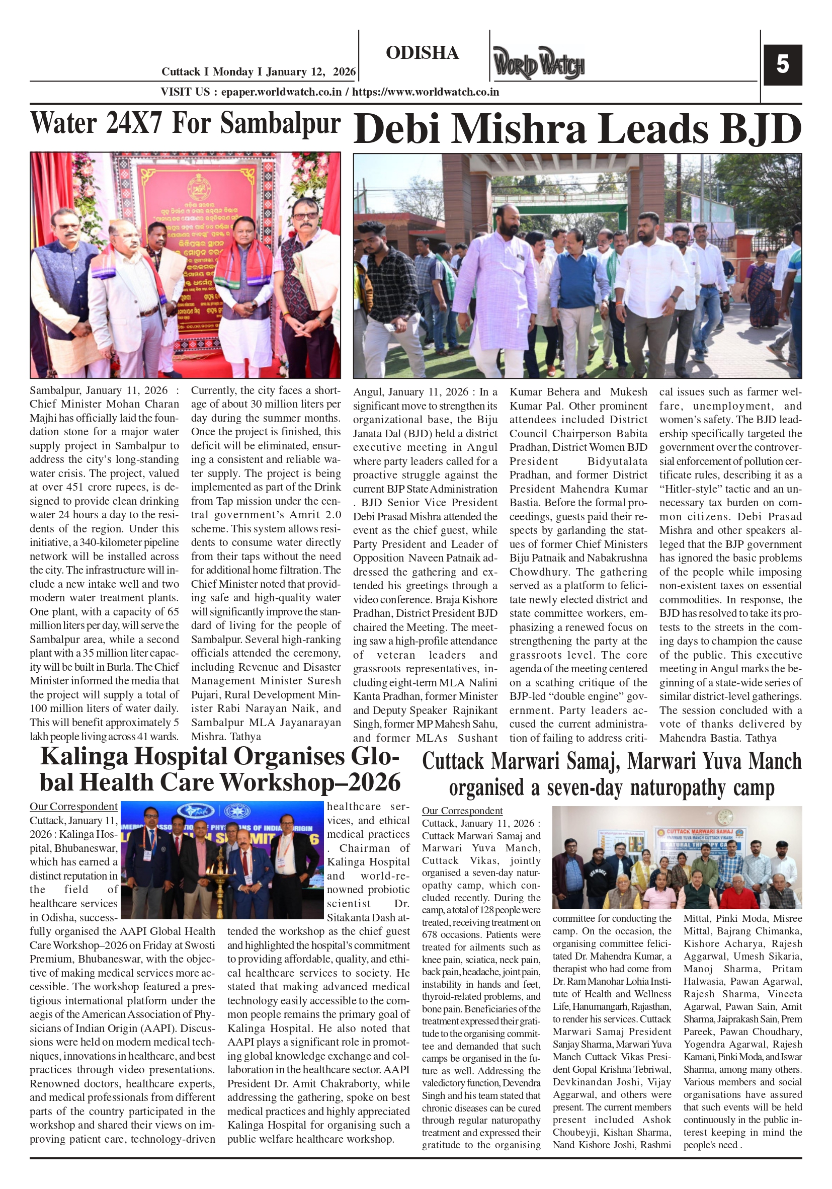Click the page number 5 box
[x=782, y=65]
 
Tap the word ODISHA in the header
[x=422, y=53]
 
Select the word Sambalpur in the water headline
[x=280, y=124]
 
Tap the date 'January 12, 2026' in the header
[x=311, y=72]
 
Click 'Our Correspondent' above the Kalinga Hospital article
[x=73, y=807]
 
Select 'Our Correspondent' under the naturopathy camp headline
[x=462, y=811]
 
